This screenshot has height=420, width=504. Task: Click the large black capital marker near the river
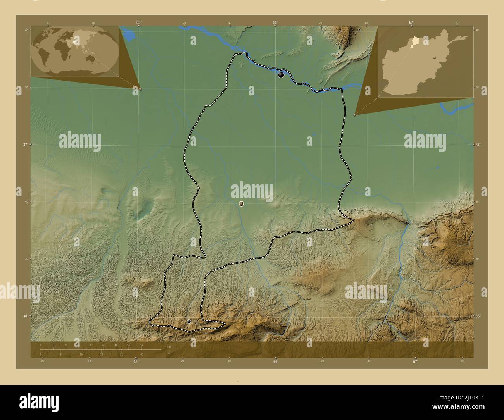tap(281, 75)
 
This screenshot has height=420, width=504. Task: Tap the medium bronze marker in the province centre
tap(242, 204)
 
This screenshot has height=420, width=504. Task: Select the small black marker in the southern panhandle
tap(189, 321)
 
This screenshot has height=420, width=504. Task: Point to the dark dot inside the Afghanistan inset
tap(435, 57)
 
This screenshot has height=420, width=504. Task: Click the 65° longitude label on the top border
tap(138, 22)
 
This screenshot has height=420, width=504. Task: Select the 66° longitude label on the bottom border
tap(275, 362)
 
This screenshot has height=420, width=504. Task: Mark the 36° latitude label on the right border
tap(478, 316)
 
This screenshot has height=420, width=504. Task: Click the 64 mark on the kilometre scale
tap(142, 345)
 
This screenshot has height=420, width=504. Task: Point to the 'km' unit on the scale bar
tap(169, 346)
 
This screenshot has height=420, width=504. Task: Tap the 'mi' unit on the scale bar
tap(168, 353)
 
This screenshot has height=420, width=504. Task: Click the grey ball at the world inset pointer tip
tap(140, 89)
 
